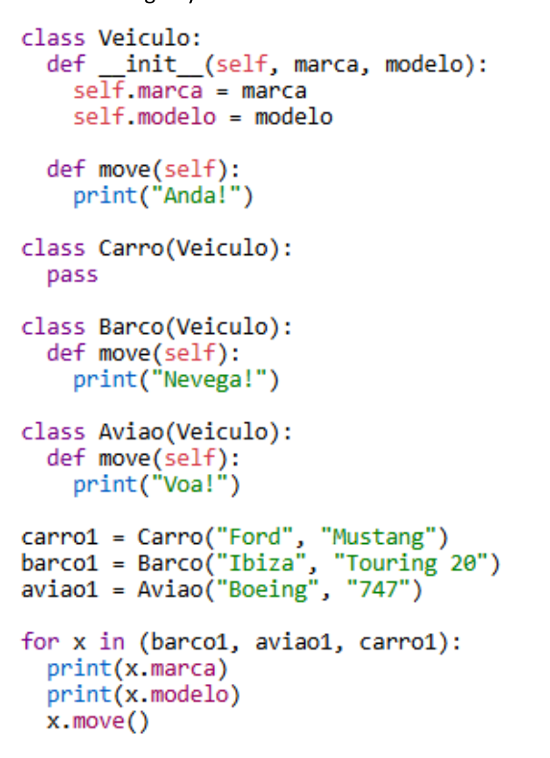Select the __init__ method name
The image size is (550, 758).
tap(151, 65)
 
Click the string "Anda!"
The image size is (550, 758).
tap(196, 196)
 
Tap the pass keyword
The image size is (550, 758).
tap(73, 275)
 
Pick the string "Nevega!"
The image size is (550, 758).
tap(209, 380)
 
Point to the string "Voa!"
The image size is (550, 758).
tap(189, 485)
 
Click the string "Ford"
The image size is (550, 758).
tap(254, 537)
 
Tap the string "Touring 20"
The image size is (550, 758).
tap(410, 563)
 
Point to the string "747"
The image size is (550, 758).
tap(378, 590)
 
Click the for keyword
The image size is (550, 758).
tap(40, 642)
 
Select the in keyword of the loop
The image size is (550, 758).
tap(111, 642)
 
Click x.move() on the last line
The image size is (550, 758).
tap(98, 722)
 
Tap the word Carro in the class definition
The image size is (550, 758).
tap(132, 249)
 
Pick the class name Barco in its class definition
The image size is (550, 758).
tap(132, 327)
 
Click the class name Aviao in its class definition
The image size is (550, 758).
tap(132, 432)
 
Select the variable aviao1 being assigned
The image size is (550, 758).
tap(60, 590)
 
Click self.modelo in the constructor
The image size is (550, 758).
tap(145, 117)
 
